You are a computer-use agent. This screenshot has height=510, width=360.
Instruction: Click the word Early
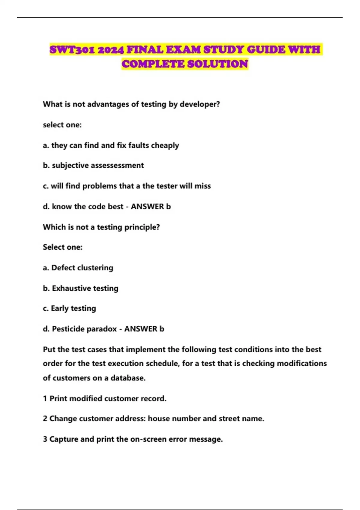point(60,308)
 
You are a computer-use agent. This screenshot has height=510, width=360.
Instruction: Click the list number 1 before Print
point(45,399)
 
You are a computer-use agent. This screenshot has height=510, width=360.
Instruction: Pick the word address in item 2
point(130,418)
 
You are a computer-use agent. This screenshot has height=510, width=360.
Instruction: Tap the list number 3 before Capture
point(45,439)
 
